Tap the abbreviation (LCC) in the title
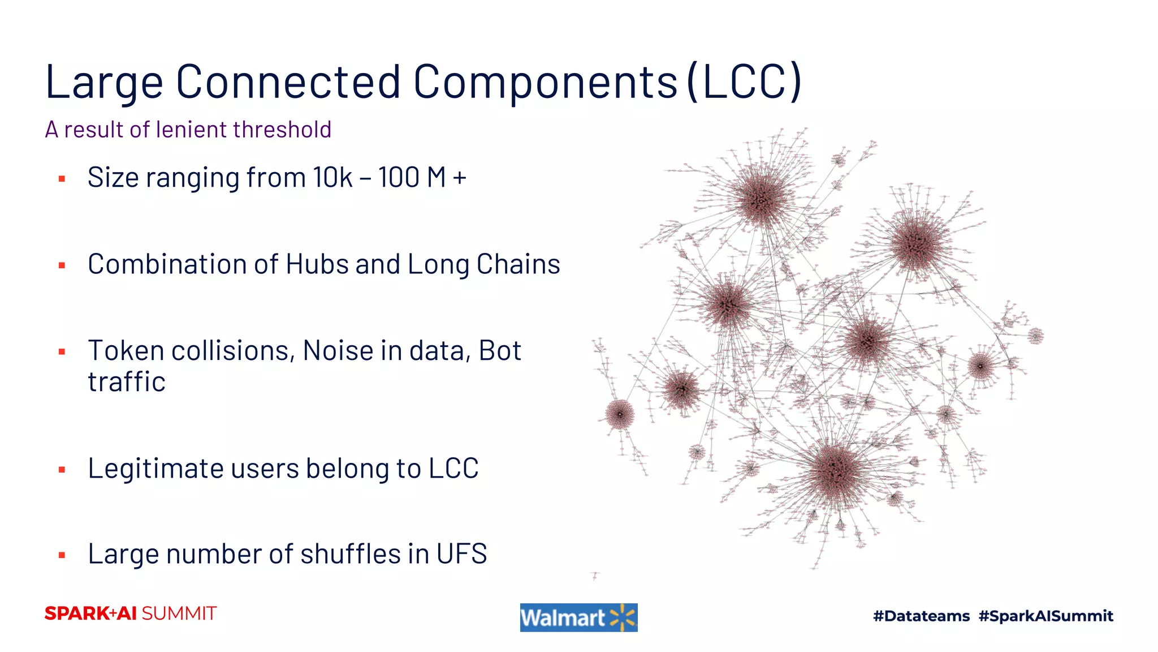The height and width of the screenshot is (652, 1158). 745,82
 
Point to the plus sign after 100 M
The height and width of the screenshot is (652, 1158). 459,178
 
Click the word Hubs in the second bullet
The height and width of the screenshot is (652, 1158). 317,264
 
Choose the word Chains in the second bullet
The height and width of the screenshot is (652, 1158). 518,264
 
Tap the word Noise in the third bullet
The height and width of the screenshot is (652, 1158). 338,350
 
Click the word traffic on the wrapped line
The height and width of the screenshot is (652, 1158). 127,381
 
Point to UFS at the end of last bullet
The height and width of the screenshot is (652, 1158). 461,554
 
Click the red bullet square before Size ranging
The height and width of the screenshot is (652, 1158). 62,179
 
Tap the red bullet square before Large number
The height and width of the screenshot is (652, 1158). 62,556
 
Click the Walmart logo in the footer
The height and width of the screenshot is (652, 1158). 578,617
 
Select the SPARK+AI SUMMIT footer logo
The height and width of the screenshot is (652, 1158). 131,614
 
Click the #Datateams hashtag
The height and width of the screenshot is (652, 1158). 921,616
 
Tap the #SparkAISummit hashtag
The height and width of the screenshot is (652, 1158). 1045,616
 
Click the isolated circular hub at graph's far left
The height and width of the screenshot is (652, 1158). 620,414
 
